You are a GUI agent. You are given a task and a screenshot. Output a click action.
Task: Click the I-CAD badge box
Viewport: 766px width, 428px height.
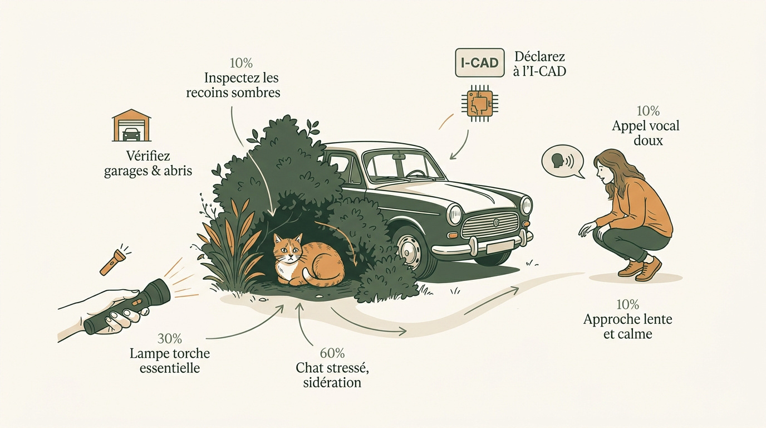point(480,62)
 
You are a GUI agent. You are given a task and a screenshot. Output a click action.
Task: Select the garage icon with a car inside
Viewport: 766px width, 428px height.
point(131,125)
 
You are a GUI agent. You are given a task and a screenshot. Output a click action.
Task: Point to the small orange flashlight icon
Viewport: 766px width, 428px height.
point(115,260)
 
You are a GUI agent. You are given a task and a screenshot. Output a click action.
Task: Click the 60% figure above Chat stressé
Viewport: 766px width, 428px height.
point(332,353)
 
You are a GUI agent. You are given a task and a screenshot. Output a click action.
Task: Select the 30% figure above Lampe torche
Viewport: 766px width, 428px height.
point(170,339)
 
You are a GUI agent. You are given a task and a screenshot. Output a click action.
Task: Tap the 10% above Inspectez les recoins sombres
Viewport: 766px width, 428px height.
point(241,63)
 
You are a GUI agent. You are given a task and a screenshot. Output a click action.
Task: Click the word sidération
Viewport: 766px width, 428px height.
point(332,382)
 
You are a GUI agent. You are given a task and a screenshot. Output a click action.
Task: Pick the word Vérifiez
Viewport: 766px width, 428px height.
point(148,156)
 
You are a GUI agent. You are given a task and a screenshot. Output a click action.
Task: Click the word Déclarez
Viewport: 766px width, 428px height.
point(539,56)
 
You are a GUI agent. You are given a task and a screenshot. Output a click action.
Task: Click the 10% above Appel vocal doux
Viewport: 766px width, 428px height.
point(648,111)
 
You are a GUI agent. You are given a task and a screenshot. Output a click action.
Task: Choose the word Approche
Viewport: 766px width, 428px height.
point(610,320)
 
